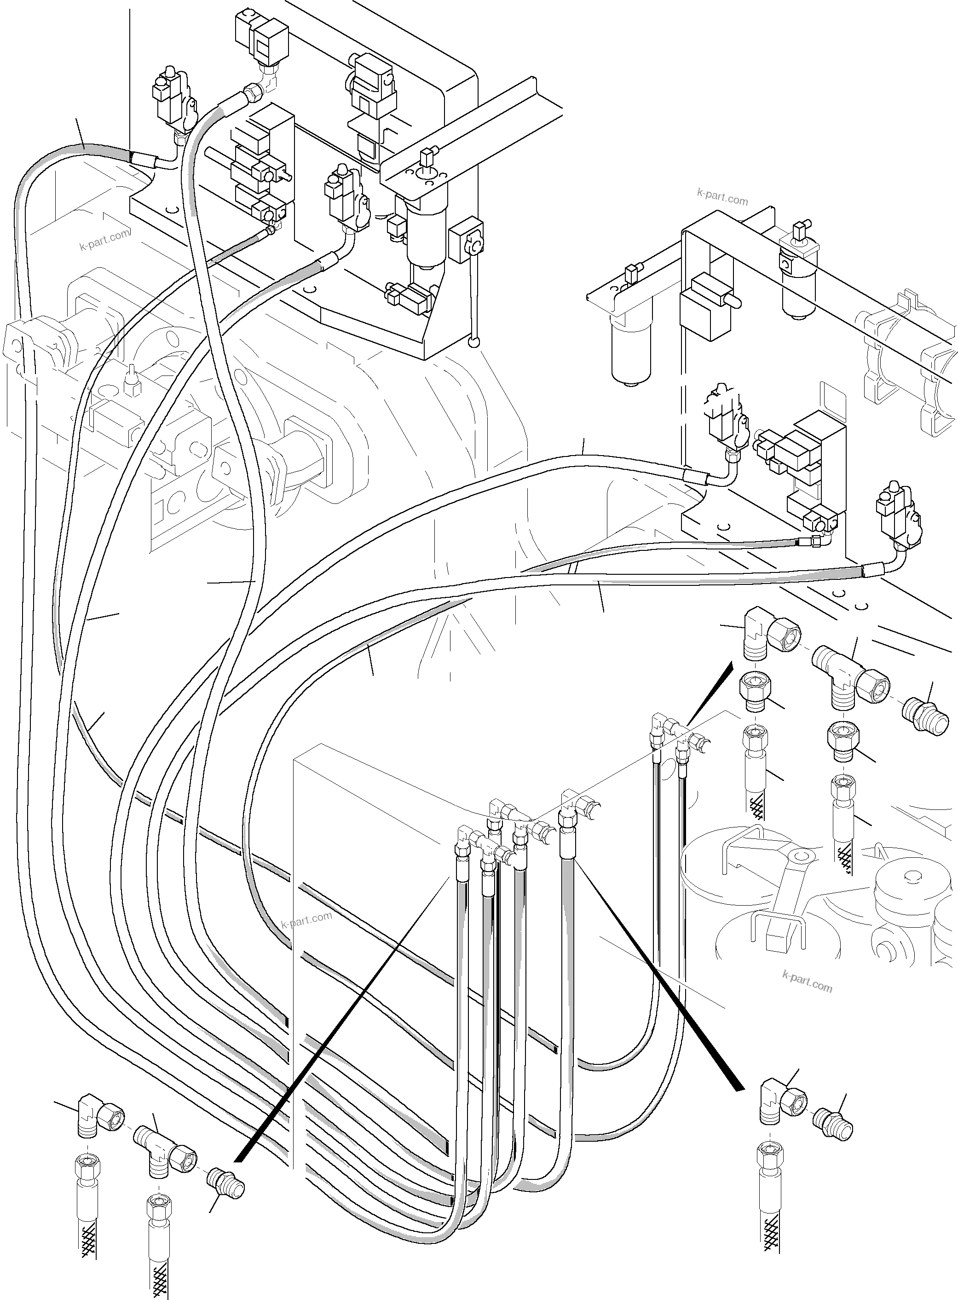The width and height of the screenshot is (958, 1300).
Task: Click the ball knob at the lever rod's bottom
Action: (x=474, y=343)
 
